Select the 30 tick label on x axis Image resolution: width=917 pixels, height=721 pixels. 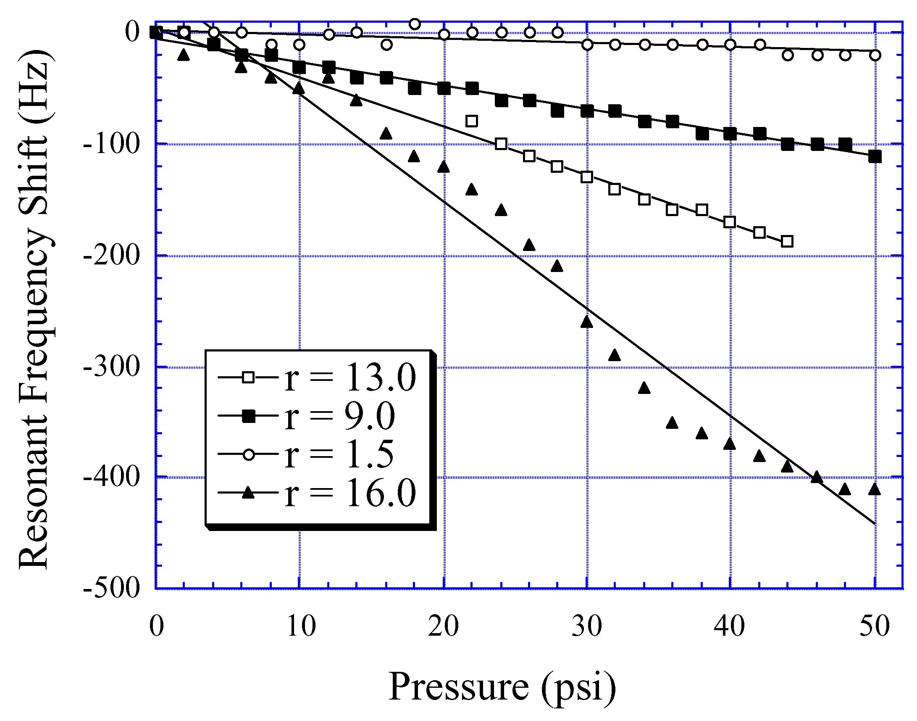pyautogui.click(x=587, y=626)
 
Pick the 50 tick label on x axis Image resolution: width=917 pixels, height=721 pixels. pyautogui.click(x=875, y=626)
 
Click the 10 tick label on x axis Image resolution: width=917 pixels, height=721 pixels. pyautogui.click(x=300, y=626)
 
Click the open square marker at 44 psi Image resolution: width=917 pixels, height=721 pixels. pyautogui.click(x=787, y=241)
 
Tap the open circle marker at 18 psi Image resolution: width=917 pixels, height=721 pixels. pyautogui.click(x=415, y=24)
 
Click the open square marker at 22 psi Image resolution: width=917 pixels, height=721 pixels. pyautogui.click(x=472, y=121)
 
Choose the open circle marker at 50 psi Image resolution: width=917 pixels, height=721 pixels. pyautogui.click(x=875, y=55)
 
